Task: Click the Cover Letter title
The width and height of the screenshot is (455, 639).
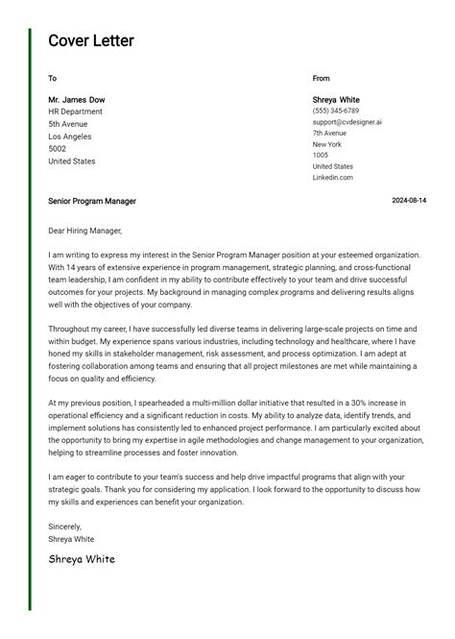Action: coord(91,40)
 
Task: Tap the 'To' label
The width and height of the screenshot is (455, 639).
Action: coord(52,78)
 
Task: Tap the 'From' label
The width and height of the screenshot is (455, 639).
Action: coord(321,78)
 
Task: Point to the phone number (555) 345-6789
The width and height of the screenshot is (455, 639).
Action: coord(336,111)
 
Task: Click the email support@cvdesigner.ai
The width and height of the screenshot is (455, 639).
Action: coord(347,122)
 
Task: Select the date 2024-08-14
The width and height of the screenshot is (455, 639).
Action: coord(409,201)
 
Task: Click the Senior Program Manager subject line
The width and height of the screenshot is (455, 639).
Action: coord(92,201)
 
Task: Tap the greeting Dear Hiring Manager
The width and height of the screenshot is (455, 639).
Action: coord(85,231)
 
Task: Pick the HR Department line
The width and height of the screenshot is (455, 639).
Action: coord(75,111)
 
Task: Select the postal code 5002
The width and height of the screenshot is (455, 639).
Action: coord(58,149)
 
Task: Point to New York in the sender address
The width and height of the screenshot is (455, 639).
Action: coord(327,144)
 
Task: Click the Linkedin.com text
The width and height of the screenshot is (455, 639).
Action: coord(333,178)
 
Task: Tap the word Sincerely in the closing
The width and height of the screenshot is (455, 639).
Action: coord(65,527)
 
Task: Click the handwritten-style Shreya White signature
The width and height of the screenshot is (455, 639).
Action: coord(82,559)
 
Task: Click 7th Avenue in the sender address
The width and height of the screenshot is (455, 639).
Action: coord(330,133)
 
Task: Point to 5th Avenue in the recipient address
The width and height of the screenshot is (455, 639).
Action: coord(68,124)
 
